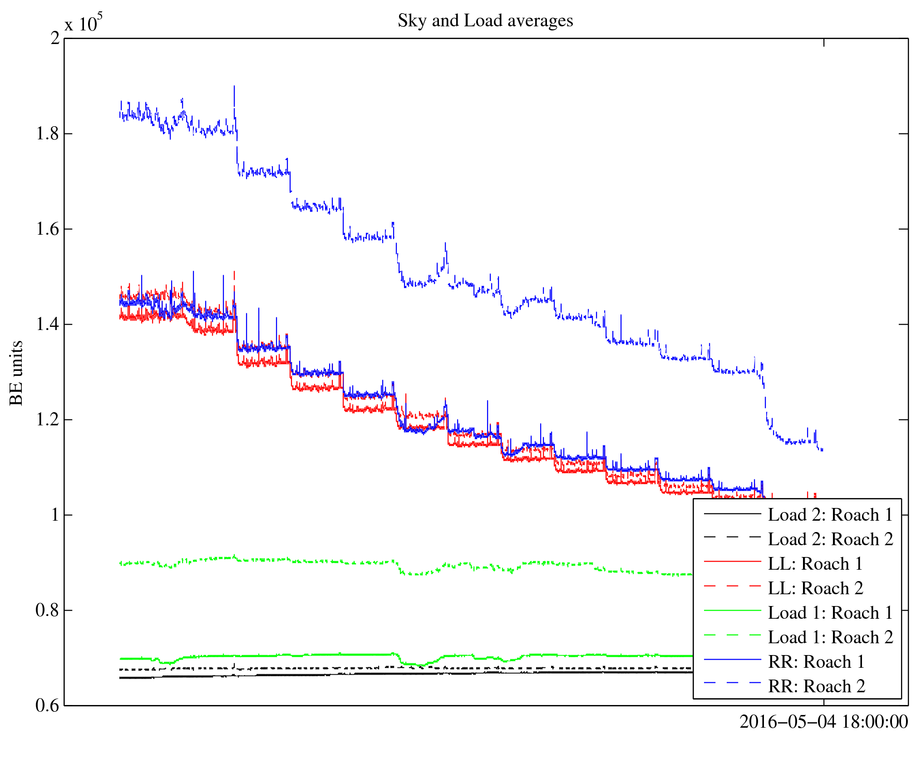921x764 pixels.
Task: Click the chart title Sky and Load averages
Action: tap(485, 21)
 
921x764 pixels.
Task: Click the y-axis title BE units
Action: tap(16, 373)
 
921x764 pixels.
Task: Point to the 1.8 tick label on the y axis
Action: tap(48, 134)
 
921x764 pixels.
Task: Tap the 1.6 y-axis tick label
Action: tap(48, 229)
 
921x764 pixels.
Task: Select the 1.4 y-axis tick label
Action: tap(48, 325)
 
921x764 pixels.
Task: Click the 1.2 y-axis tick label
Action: tap(48, 420)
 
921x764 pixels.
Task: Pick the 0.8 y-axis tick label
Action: tap(48, 611)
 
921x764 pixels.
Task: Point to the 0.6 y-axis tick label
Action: tap(48, 706)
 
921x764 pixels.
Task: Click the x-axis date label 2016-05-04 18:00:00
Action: tap(823, 722)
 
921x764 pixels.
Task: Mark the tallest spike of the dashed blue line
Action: tap(234, 86)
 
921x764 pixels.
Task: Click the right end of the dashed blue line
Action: tap(822, 449)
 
